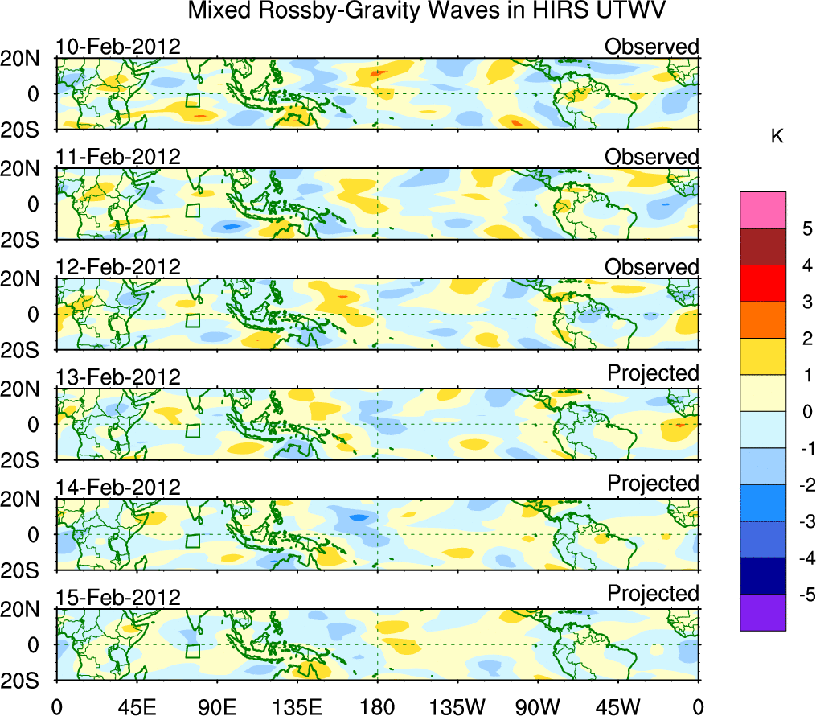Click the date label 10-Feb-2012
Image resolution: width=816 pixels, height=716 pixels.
(x=118, y=47)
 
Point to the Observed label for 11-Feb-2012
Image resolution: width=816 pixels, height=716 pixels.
(x=651, y=157)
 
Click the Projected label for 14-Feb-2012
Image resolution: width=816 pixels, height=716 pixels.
(x=653, y=484)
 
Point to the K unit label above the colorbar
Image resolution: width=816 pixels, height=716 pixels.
(x=777, y=137)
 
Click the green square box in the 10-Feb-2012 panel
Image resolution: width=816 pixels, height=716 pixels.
(x=192, y=100)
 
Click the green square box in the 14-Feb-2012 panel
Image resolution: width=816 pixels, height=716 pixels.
(x=192, y=541)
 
